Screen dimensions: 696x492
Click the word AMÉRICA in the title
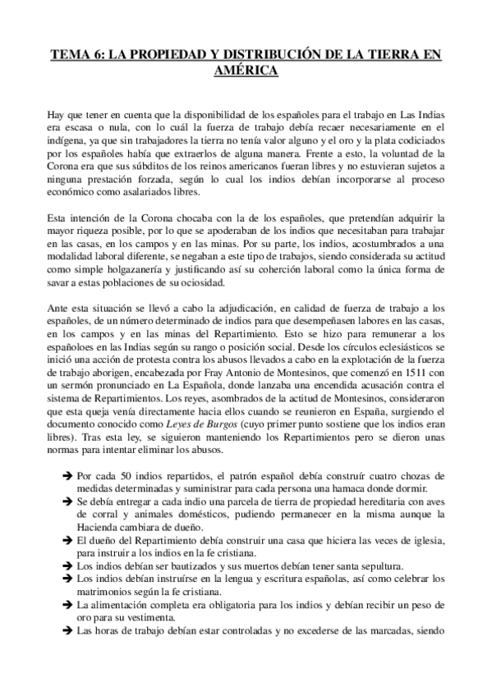coord(246,71)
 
